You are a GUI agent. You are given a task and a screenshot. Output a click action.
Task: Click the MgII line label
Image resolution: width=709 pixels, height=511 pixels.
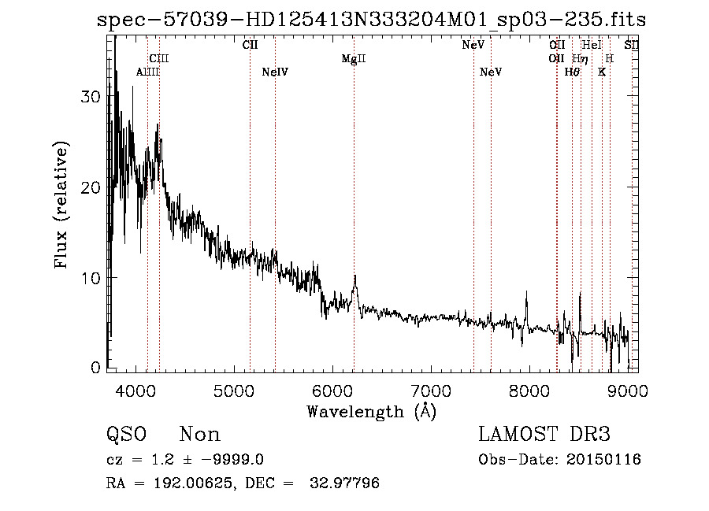click(354, 59)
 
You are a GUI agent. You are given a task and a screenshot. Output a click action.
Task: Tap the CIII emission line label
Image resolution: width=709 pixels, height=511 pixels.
click(159, 58)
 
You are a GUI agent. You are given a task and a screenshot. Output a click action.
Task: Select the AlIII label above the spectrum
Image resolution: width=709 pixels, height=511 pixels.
click(147, 72)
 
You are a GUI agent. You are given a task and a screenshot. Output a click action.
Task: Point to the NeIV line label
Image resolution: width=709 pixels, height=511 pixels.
click(275, 72)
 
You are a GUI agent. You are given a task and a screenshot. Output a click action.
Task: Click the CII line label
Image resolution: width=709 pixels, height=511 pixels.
click(250, 45)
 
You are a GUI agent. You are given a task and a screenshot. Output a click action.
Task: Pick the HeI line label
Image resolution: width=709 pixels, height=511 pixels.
click(591, 45)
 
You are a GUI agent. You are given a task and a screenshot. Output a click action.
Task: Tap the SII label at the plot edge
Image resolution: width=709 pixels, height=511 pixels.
click(631, 45)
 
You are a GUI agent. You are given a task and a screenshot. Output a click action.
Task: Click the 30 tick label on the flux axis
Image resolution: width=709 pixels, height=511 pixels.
click(92, 97)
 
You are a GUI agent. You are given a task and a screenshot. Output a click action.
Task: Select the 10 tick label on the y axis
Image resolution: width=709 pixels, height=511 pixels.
click(92, 278)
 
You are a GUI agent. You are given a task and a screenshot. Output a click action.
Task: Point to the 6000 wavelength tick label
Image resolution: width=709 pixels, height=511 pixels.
click(333, 390)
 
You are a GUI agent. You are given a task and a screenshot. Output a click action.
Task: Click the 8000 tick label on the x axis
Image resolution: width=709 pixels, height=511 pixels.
click(529, 390)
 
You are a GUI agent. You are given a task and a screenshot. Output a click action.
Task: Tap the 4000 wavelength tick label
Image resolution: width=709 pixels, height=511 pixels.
click(136, 390)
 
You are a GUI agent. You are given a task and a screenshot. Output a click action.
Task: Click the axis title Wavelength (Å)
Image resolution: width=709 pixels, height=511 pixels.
click(371, 411)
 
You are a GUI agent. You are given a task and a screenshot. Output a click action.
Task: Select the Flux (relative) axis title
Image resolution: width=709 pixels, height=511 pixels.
click(61, 205)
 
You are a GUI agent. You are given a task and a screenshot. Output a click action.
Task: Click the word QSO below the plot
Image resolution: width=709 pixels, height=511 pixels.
click(125, 435)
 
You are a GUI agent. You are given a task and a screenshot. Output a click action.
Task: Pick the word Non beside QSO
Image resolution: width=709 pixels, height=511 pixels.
click(200, 435)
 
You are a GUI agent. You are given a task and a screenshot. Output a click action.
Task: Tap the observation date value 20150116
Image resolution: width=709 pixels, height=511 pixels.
click(603, 460)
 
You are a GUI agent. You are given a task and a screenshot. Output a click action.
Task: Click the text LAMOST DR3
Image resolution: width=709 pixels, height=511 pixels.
click(544, 435)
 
